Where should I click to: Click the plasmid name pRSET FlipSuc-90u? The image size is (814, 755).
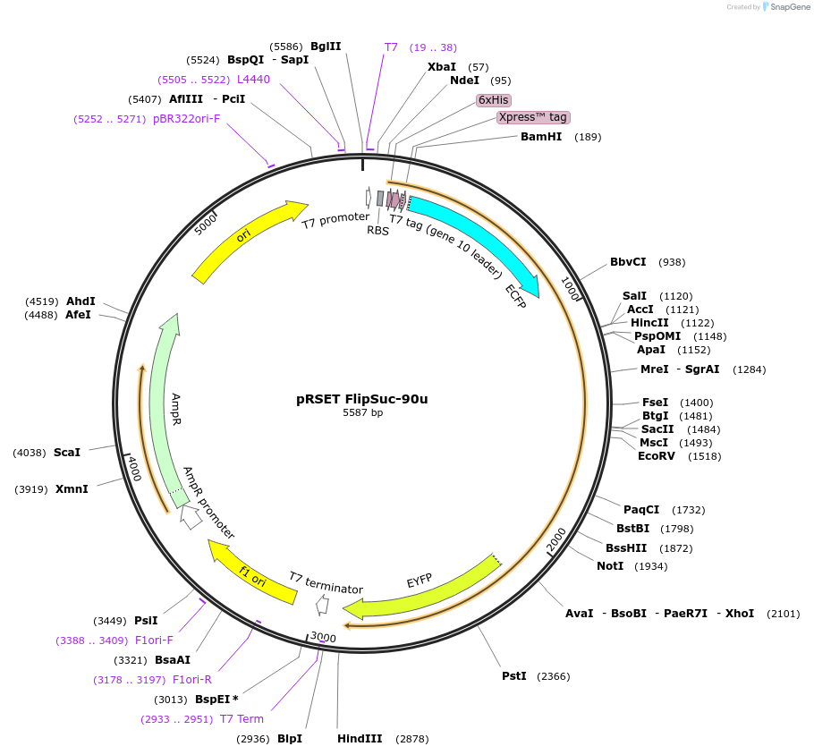(361, 399)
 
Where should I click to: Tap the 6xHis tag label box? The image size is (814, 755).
(494, 100)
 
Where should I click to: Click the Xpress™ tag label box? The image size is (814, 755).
(533, 117)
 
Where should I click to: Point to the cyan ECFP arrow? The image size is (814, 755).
(483, 242)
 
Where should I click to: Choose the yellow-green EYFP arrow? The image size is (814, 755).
(420, 590)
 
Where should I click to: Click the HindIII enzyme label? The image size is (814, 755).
(360, 739)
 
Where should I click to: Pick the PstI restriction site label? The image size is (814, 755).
(514, 676)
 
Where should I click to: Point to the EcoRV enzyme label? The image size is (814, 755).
(659, 456)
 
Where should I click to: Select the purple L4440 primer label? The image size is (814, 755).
(253, 80)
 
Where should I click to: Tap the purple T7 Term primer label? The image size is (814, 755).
(242, 719)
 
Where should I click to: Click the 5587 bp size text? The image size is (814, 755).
(362, 413)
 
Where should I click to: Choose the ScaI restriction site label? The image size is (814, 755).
(67, 453)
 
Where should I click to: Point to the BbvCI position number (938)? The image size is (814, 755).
(672, 262)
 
